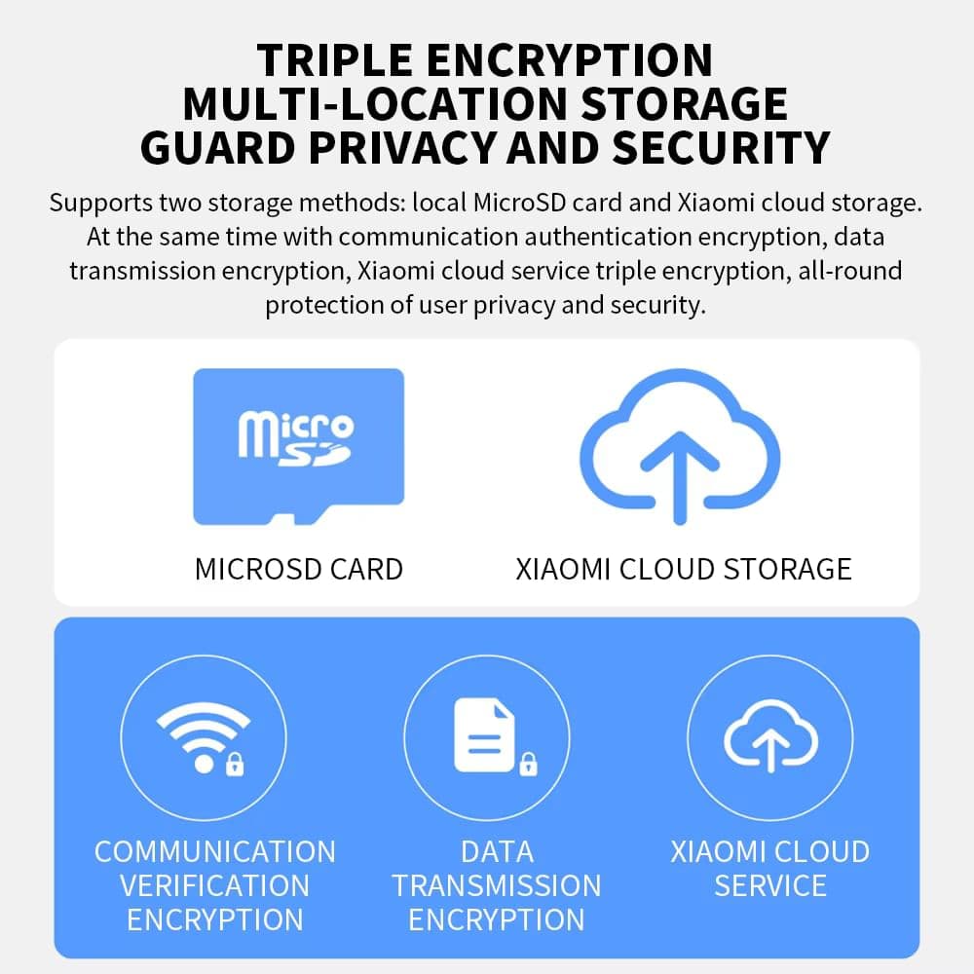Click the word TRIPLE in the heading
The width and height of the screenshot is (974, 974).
coord(335,60)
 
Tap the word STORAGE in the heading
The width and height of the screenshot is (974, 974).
coord(684,104)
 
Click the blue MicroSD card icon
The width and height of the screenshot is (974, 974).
coord(299,447)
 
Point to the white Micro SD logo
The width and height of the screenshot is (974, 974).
coord(296,437)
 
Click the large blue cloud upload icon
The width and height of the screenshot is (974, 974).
coord(680,447)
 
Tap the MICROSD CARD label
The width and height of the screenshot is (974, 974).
coord(299,569)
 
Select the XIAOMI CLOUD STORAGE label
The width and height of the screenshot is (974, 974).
coord(684,569)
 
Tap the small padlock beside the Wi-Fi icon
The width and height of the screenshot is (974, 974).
coord(235,764)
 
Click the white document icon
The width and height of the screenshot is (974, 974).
coord(484,734)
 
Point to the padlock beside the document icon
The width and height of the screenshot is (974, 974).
coord(528,764)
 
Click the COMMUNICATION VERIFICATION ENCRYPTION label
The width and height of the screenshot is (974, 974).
coord(215,885)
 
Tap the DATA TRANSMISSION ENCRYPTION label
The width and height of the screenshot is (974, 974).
coord(497,885)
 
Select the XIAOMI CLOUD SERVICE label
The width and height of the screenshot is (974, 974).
coord(770,869)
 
